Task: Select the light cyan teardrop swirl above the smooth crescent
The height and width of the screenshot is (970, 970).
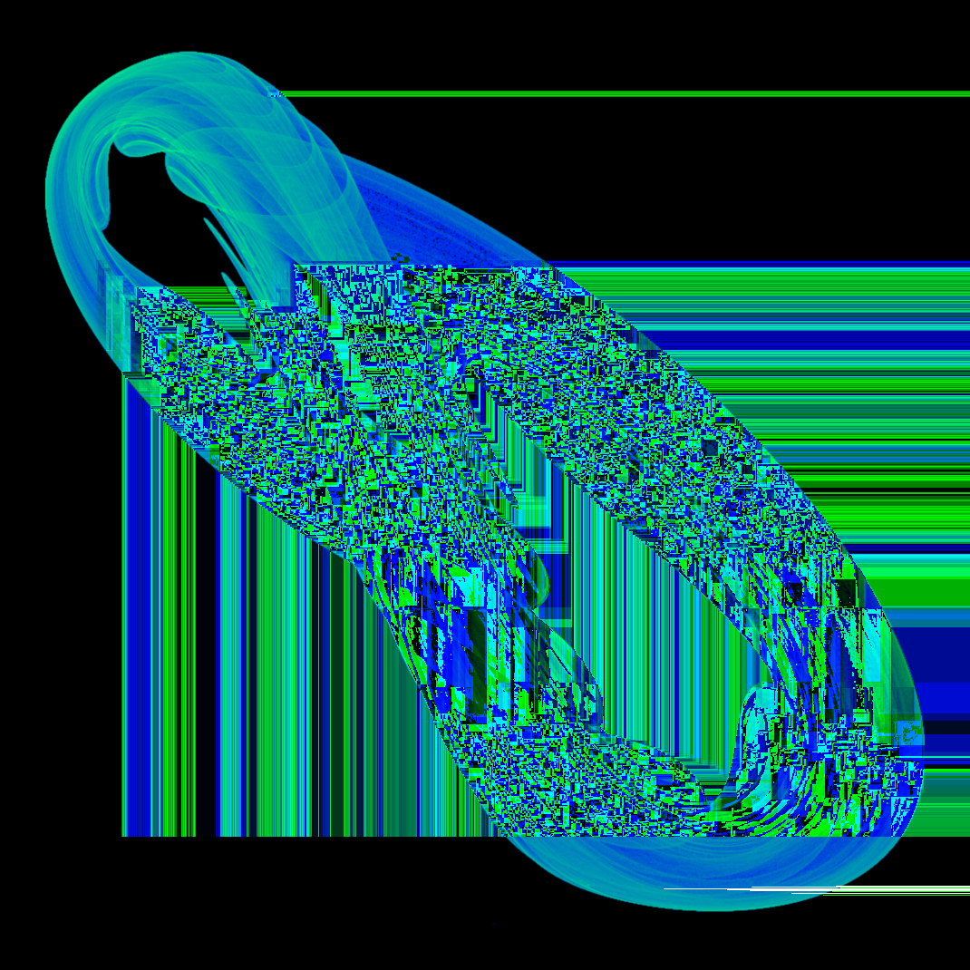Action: click(x=752, y=716)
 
